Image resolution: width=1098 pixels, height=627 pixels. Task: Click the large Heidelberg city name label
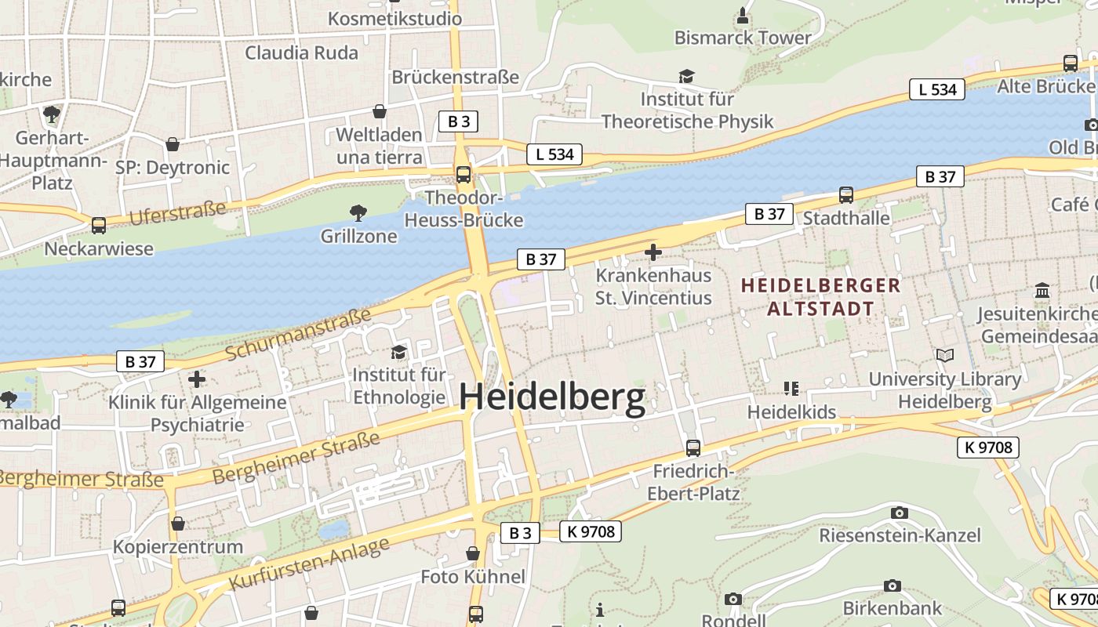point(551,397)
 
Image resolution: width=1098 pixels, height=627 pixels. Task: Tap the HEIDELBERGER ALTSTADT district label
point(820,296)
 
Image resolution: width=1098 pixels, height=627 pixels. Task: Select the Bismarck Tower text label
point(743,38)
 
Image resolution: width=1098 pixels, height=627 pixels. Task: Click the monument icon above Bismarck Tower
point(743,15)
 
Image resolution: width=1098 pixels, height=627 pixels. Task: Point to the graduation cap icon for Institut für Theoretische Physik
point(686,76)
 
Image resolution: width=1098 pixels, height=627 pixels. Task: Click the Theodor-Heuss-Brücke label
point(463,208)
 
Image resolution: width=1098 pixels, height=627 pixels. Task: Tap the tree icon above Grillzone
point(358,212)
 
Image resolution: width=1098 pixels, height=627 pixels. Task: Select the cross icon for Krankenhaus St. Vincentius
point(653,252)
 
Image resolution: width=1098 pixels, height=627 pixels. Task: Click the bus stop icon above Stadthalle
point(845,194)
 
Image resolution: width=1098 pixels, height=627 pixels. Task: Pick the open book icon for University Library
point(945,356)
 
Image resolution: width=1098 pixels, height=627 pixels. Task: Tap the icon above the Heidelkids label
point(791,389)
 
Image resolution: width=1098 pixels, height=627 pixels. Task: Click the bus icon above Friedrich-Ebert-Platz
point(693,448)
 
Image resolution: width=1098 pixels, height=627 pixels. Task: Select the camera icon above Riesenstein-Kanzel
point(900,513)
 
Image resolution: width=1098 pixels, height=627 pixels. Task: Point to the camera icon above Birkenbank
point(892,585)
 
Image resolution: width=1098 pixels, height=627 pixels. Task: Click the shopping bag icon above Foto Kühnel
point(473,554)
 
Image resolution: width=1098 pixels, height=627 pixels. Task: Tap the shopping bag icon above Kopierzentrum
point(178,524)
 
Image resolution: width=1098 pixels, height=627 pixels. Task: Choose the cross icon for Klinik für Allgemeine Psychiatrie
point(196,379)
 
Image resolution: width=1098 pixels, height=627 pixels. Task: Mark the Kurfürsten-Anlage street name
point(309,564)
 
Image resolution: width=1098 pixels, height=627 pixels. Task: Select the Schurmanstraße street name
point(298,335)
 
